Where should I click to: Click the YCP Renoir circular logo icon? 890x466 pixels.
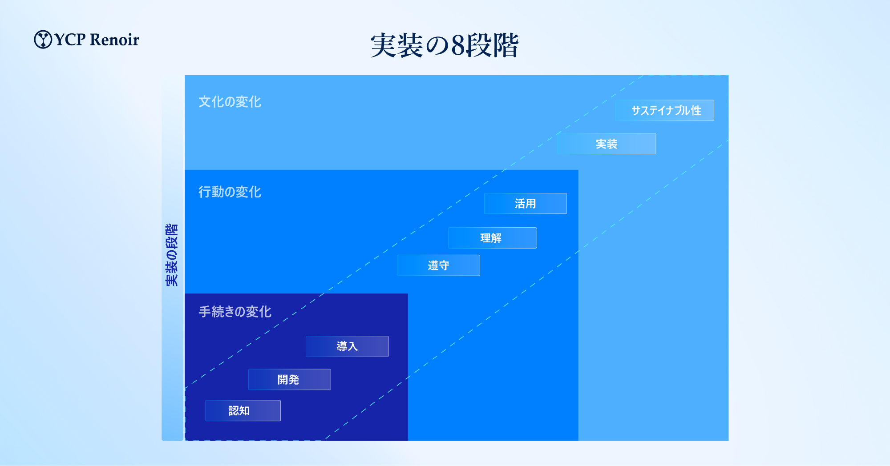coord(43,39)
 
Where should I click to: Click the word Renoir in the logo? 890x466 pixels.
coord(114,40)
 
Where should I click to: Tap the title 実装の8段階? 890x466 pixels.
coord(445,45)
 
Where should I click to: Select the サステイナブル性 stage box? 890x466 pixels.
coord(665,110)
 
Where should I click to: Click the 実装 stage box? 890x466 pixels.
coord(606,144)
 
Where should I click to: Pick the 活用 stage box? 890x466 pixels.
coord(526,203)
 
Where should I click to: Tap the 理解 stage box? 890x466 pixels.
coord(492,238)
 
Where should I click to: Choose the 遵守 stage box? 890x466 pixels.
coord(438,265)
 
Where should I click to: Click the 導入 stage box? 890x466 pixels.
coord(347,346)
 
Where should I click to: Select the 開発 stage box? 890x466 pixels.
coord(289,379)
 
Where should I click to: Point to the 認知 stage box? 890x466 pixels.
coord(243,410)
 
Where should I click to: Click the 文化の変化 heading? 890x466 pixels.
coord(230,102)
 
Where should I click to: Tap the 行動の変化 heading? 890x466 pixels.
coord(230,192)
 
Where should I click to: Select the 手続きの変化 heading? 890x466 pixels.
coord(235,312)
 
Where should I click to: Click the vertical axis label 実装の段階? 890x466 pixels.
coord(172,255)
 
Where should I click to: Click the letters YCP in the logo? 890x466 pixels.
coord(70,40)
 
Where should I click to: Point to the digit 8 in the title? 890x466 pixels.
coord(458,45)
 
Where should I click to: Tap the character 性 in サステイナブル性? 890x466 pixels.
coord(696,110)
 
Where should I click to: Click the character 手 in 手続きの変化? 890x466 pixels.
coord(205,312)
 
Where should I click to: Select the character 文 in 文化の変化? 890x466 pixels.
coord(205,102)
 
